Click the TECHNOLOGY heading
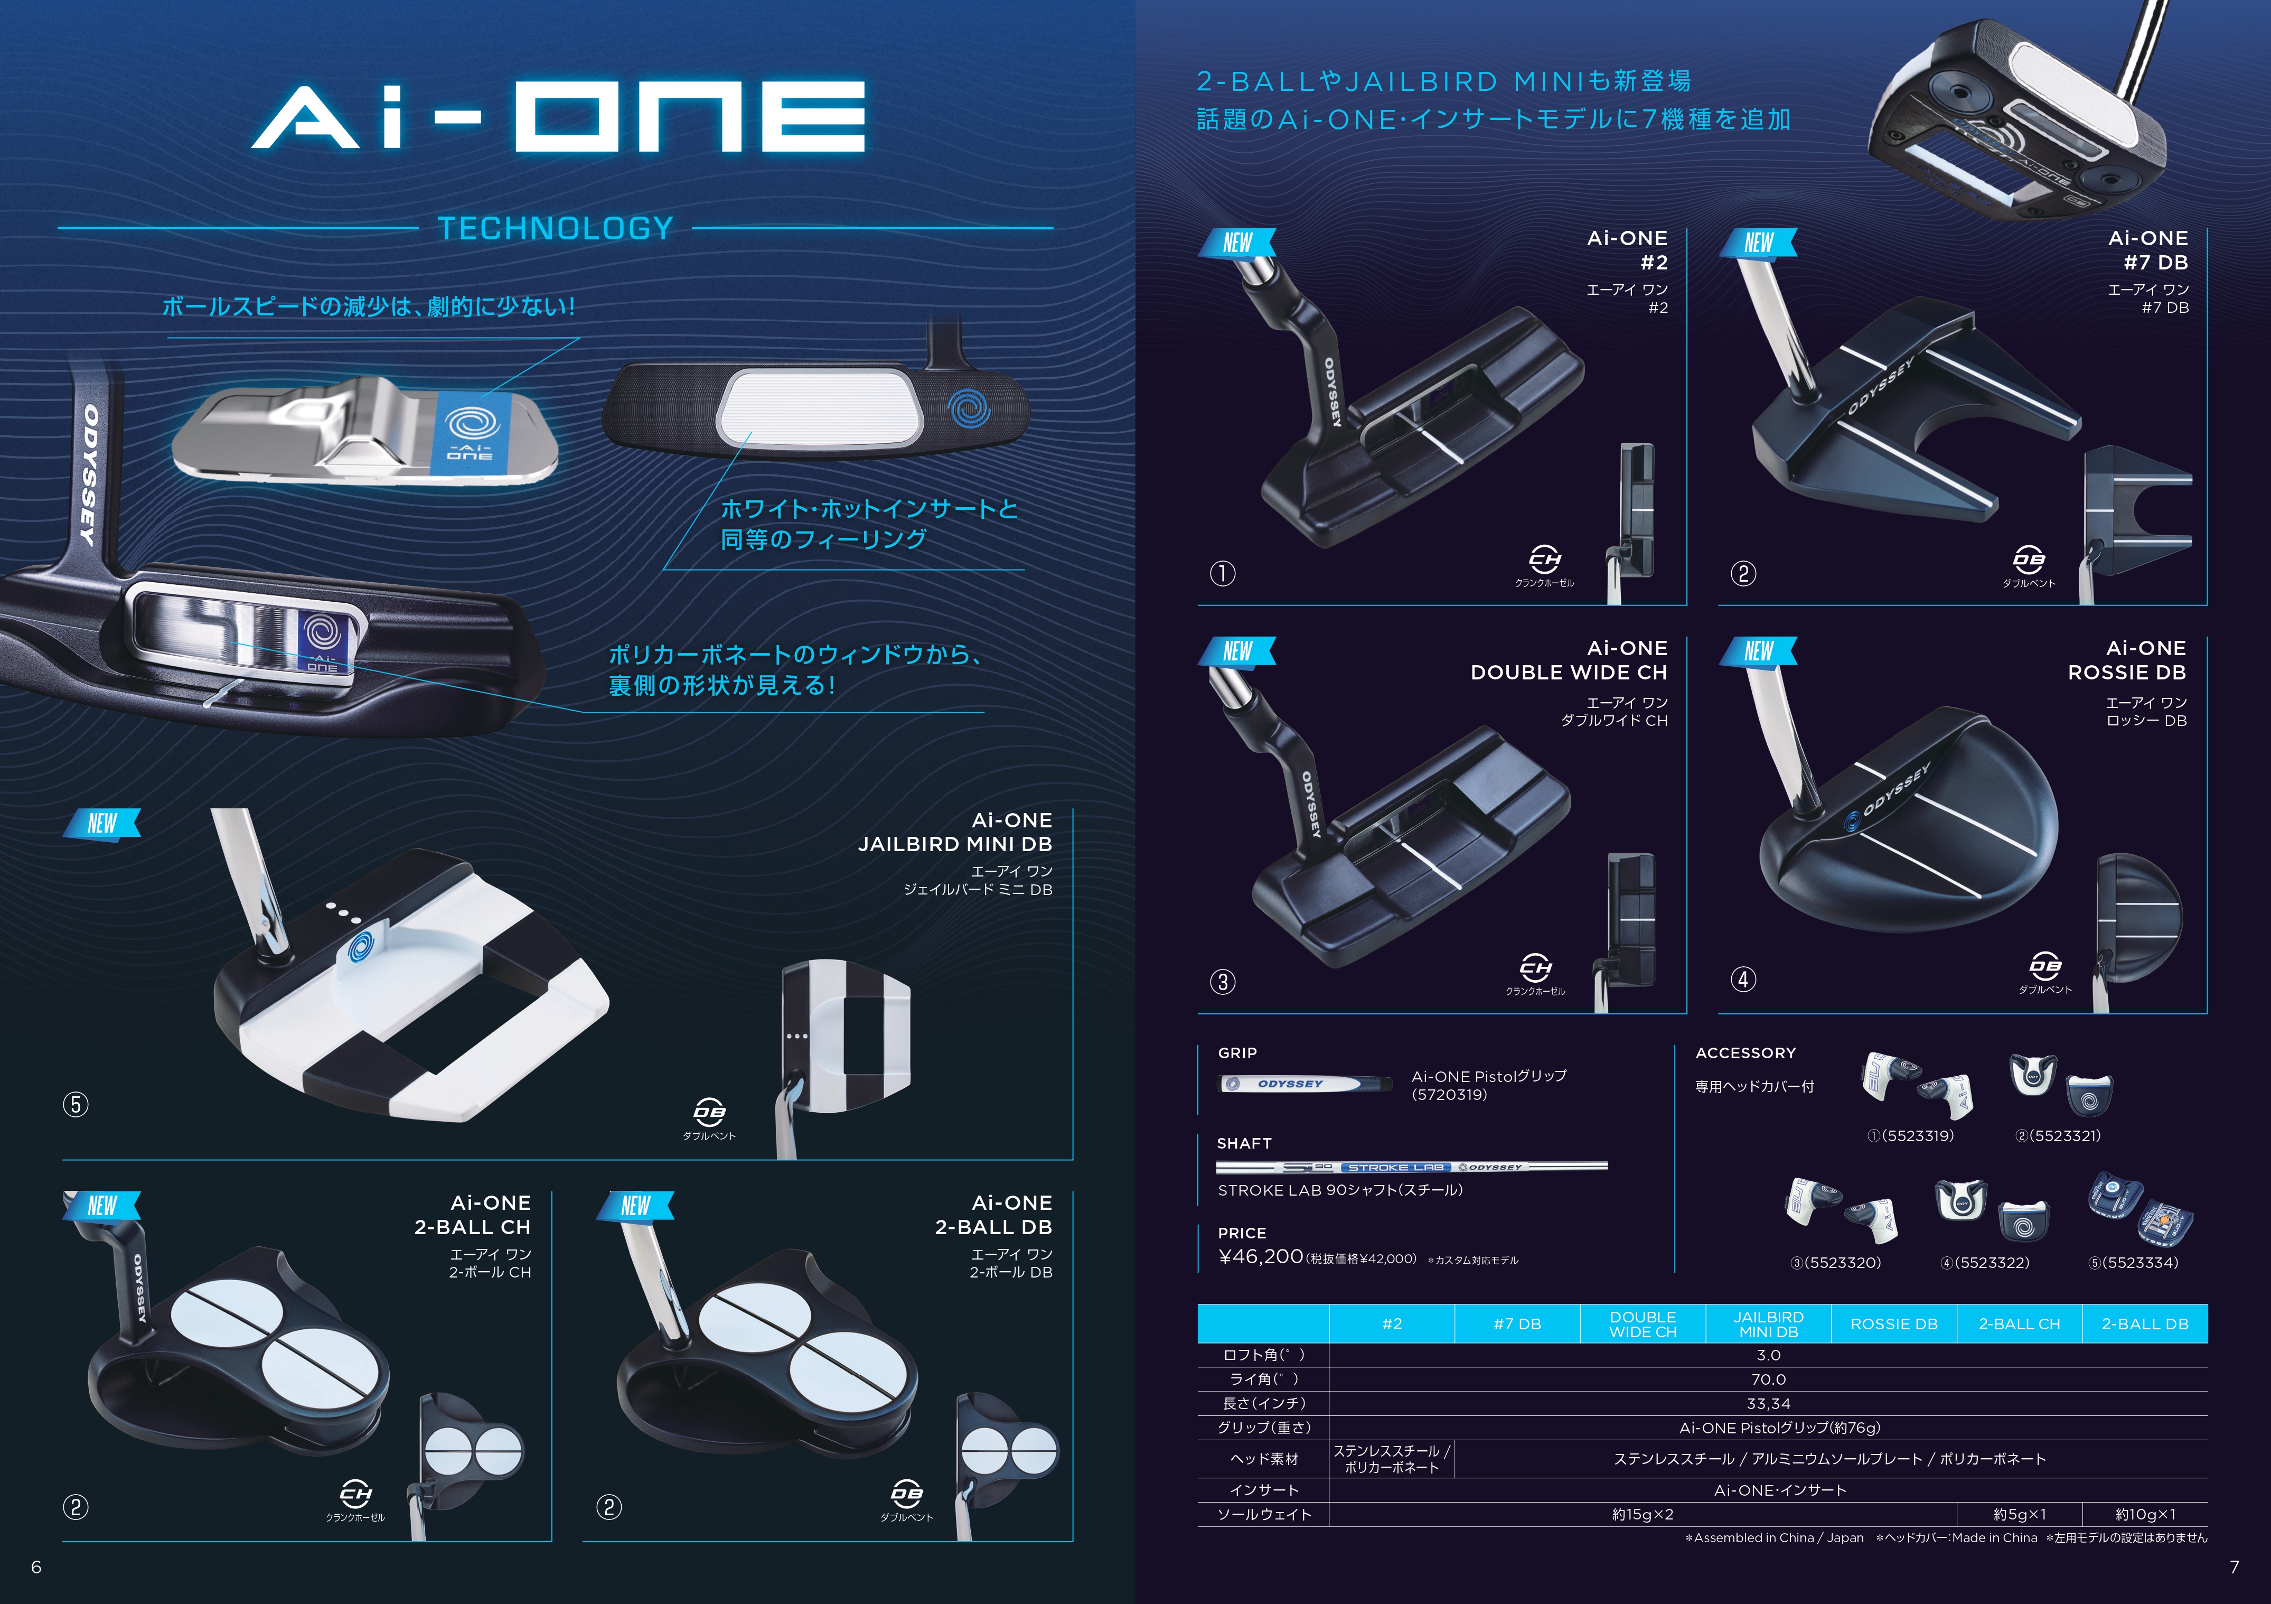click(556, 229)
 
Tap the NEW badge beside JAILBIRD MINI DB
click(102, 823)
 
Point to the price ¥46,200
click(1261, 1257)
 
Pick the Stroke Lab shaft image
click(1412, 1168)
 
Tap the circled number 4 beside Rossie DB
click(1743, 980)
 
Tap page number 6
click(36, 1566)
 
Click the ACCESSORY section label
click(1746, 1053)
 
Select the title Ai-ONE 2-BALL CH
click(473, 1215)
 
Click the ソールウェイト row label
click(1264, 1515)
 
